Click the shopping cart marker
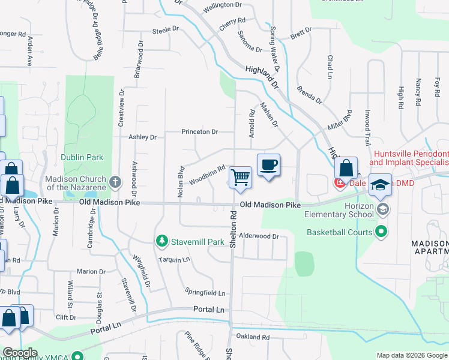click(241, 178)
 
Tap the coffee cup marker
click(268, 165)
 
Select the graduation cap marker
click(379, 185)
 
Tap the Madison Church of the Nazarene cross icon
click(115, 181)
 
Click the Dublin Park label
click(82, 158)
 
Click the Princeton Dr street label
click(199, 132)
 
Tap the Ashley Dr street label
click(142, 137)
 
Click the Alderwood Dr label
click(259, 236)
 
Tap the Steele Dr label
click(166, 29)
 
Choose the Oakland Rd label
click(253, 337)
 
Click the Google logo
click(20, 353)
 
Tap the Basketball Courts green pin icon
click(381, 231)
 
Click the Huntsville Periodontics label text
click(411, 154)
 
